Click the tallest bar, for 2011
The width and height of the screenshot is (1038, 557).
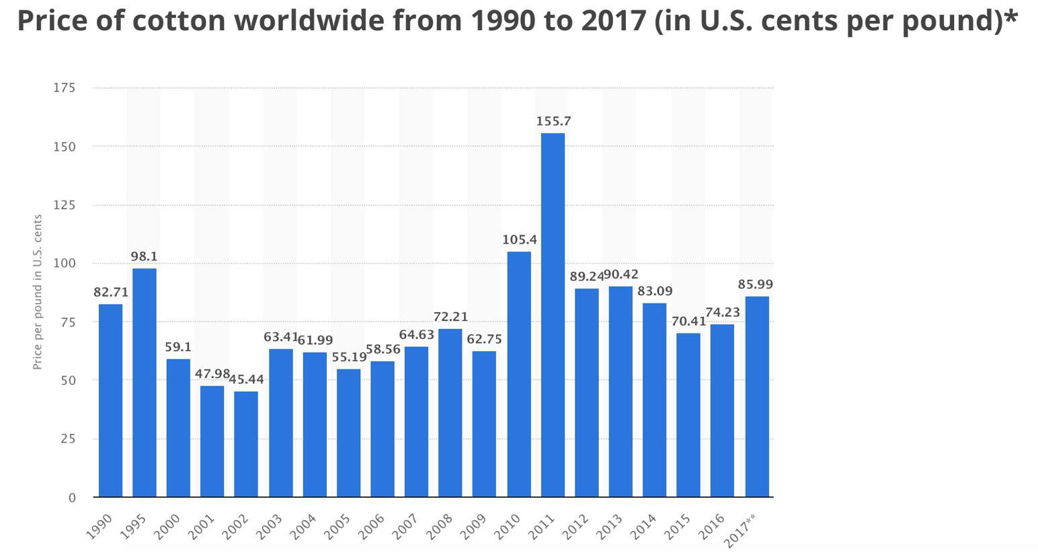point(553,315)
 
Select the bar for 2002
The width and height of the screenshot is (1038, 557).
point(246,444)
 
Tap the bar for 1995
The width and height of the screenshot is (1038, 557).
point(145,383)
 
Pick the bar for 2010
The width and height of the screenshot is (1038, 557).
point(519,374)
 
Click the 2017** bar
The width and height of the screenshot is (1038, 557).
point(757,396)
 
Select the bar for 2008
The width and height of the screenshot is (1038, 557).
point(450,413)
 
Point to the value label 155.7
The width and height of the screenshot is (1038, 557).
point(554,122)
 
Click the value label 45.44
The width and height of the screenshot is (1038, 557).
point(247,379)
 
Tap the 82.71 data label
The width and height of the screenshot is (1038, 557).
point(111,292)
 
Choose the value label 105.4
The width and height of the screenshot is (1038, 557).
point(520,239)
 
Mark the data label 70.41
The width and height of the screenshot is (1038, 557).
point(688,322)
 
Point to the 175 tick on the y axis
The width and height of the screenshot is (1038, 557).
point(65,87)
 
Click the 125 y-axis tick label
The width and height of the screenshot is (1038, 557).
point(65,205)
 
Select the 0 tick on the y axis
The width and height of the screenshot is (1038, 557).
point(72,498)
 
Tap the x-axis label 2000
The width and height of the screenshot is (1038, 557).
point(167,526)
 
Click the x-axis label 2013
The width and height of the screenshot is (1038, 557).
point(610,526)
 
